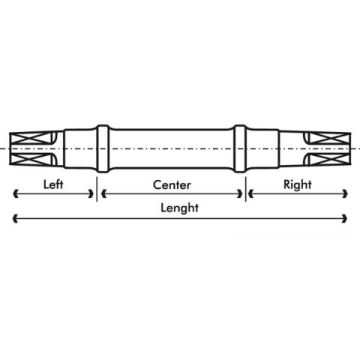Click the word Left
click(53, 184)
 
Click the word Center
click(172, 185)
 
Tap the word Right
click(298, 185)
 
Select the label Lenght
click(179, 208)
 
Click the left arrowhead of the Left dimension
click(16, 193)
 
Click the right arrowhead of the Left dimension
click(91, 193)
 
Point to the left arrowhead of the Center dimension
click(103, 193)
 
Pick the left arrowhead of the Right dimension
click(251, 193)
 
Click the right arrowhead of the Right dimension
click(345, 193)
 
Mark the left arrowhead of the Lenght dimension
click(16, 218)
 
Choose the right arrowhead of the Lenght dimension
click(345, 218)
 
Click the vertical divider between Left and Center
click(97, 189)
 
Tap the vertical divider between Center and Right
click(245, 189)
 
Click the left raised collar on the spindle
click(103, 148)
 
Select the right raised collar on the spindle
click(240, 148)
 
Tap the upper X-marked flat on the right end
click(328, 139)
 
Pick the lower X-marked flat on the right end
click(328, 159)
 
